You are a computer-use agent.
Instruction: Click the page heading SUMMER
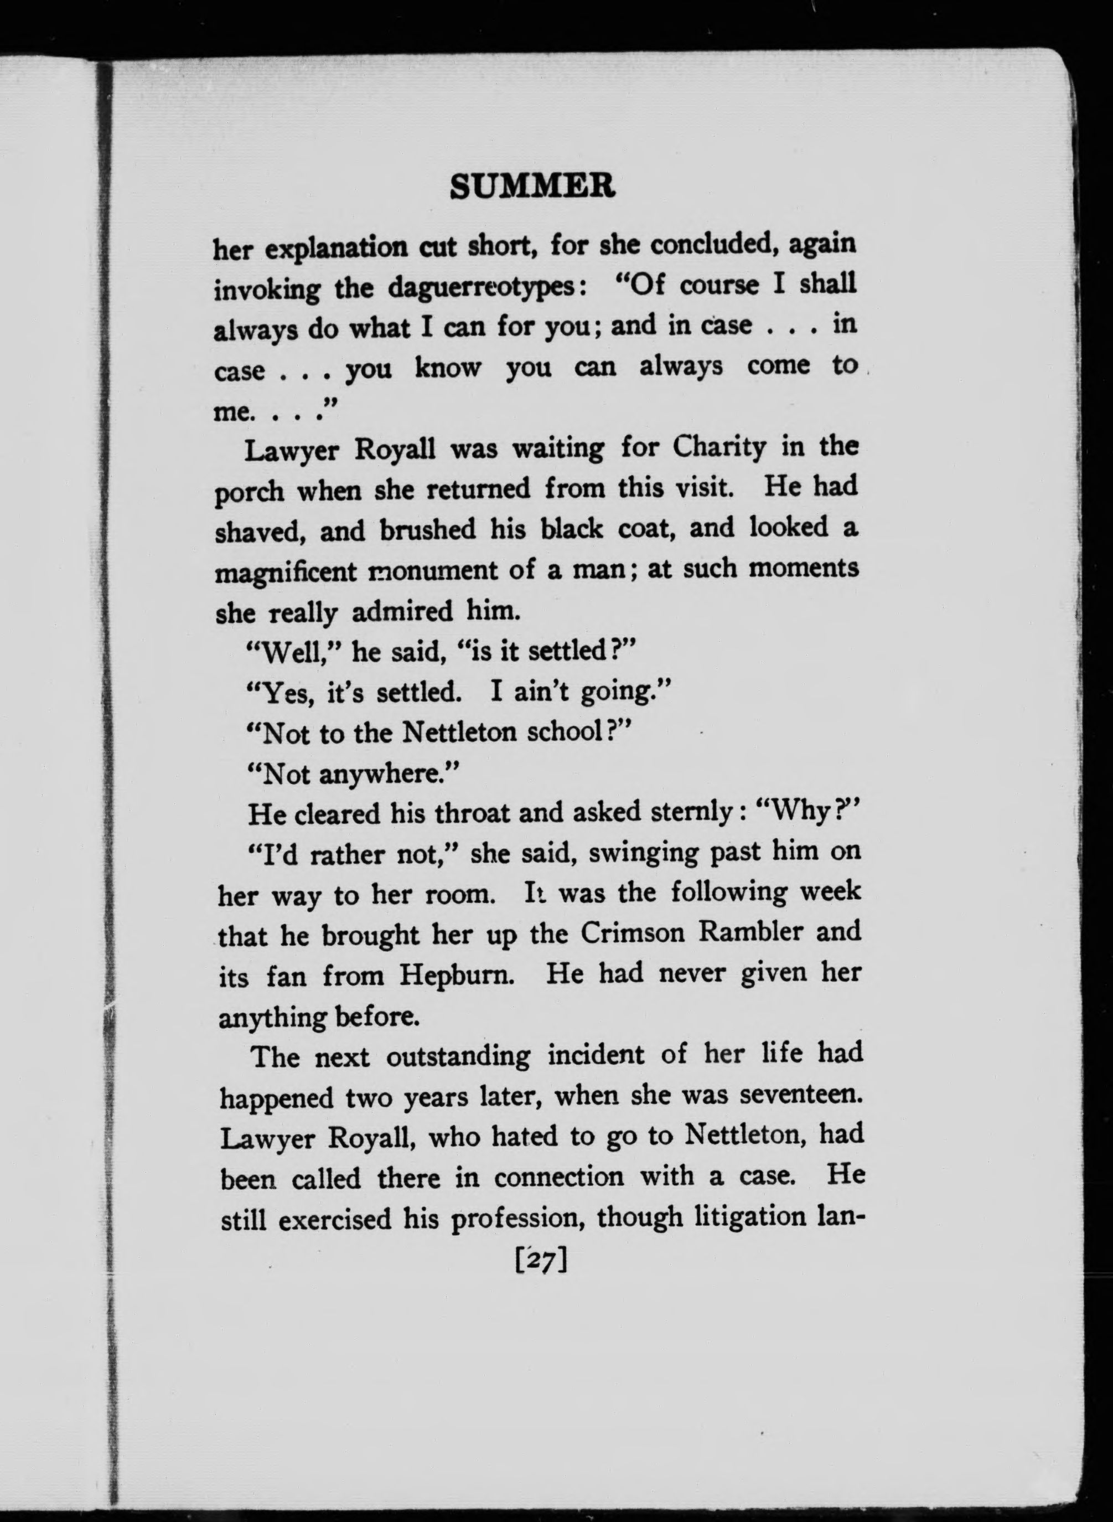532,187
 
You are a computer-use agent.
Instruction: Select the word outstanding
458,1056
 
